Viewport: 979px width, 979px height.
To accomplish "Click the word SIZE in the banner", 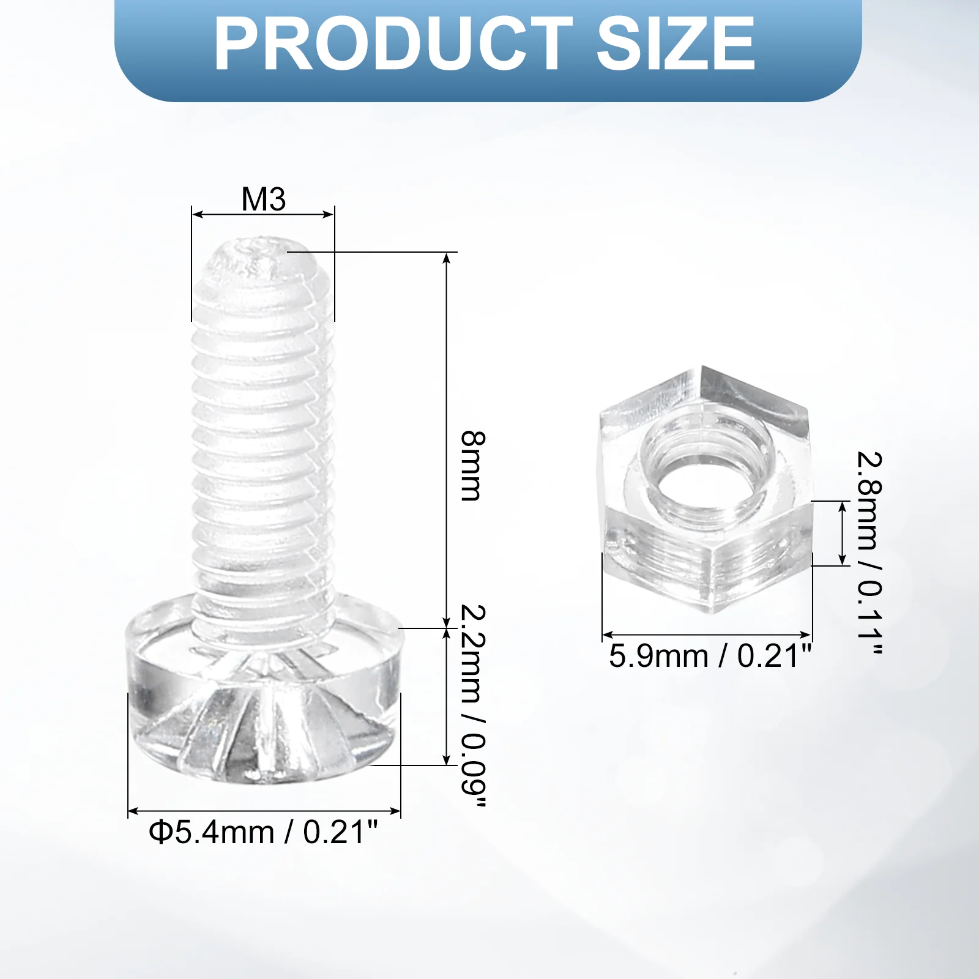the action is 676,43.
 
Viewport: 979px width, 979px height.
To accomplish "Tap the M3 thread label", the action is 264,199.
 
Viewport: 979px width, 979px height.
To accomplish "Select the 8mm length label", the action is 472,466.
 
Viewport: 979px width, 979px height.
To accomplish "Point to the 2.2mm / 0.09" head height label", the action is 472,705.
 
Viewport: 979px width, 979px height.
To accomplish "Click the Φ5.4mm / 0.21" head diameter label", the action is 263,832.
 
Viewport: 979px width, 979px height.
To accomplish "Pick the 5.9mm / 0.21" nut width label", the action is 710,656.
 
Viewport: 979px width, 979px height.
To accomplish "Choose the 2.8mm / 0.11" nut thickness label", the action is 869,554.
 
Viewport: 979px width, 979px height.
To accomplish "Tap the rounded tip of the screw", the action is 263,260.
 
